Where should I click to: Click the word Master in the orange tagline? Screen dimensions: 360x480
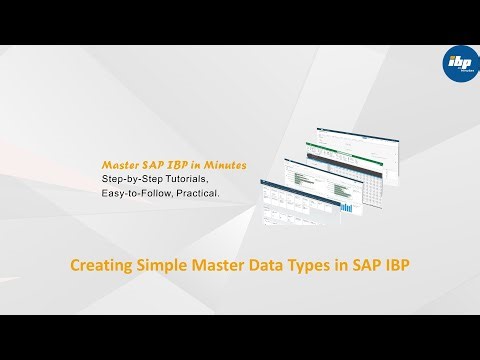pos(119,163)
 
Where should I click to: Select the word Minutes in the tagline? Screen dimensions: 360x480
pos(225,163)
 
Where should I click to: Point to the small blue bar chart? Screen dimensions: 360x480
pos(346,208)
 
